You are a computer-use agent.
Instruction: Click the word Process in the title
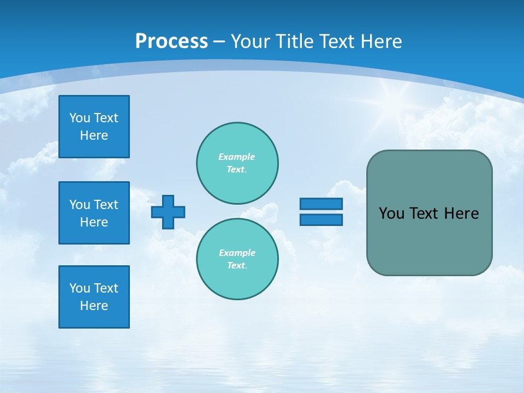(x=171, y=41)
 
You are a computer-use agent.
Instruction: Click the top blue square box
(x=94, y=127)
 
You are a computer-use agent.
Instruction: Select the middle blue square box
(x=94, y=213)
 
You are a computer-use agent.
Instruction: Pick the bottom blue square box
(x=94, y=297)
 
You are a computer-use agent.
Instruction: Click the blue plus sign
(x=168, y=212)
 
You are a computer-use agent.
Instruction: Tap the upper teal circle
(x=237, y=163)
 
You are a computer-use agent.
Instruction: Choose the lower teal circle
(x=237, y=259)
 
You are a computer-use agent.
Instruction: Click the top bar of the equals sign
(x=321, y=204)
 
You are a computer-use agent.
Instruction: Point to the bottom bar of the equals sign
(x=321, y=219)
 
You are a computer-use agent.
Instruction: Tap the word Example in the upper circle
(x=236, y=157)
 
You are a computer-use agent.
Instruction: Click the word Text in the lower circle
(x=236, y=266)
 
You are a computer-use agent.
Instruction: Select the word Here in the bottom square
(x=94, y=306)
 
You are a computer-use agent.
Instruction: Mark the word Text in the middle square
(x=106, y=205)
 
